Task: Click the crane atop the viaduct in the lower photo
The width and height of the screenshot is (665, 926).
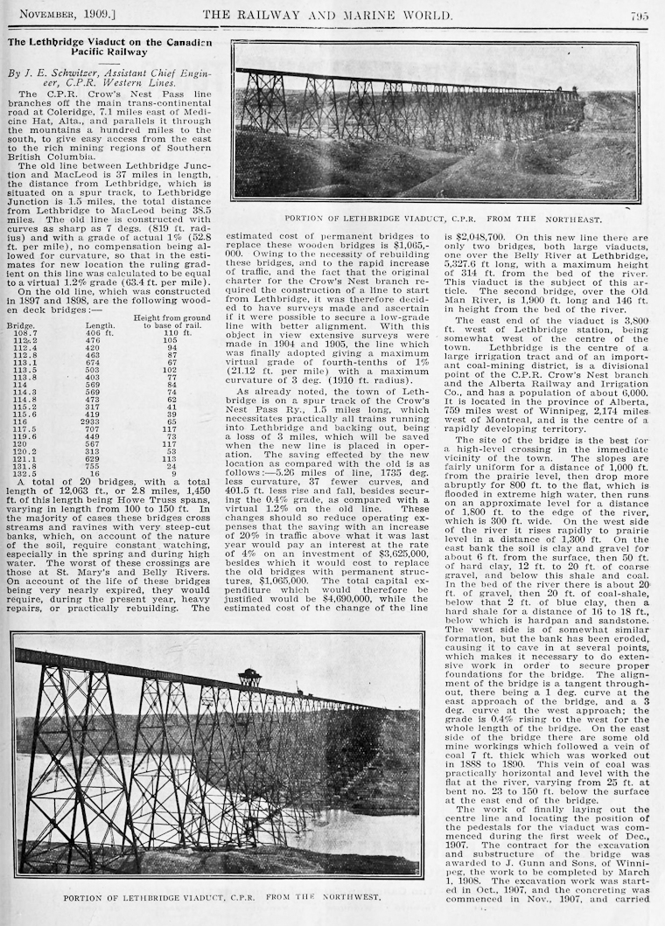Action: click(x=250, y=678)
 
